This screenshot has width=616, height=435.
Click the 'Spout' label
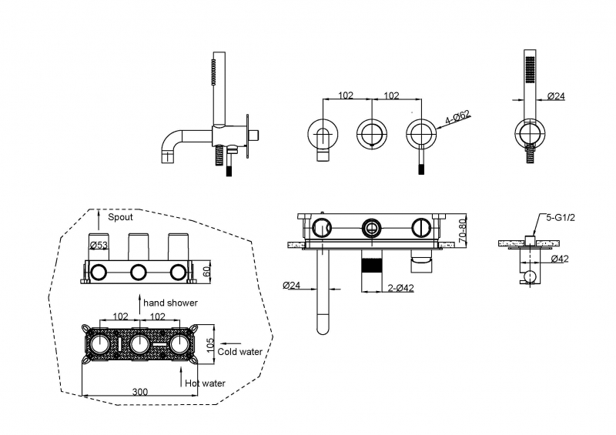point(120,217)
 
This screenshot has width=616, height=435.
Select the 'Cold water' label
point(239,352)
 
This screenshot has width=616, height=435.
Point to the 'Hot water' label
point(204,383)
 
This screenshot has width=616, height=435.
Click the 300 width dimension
point(139,392)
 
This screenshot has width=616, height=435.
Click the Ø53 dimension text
point(98,246)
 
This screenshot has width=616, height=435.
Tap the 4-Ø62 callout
point(457,119)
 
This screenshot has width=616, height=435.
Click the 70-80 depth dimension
point(463,230)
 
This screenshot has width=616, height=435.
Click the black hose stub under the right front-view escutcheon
point(420,164)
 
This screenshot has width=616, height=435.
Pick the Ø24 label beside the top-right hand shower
point(557,96)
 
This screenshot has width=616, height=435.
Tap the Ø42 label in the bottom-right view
point(559,259)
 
